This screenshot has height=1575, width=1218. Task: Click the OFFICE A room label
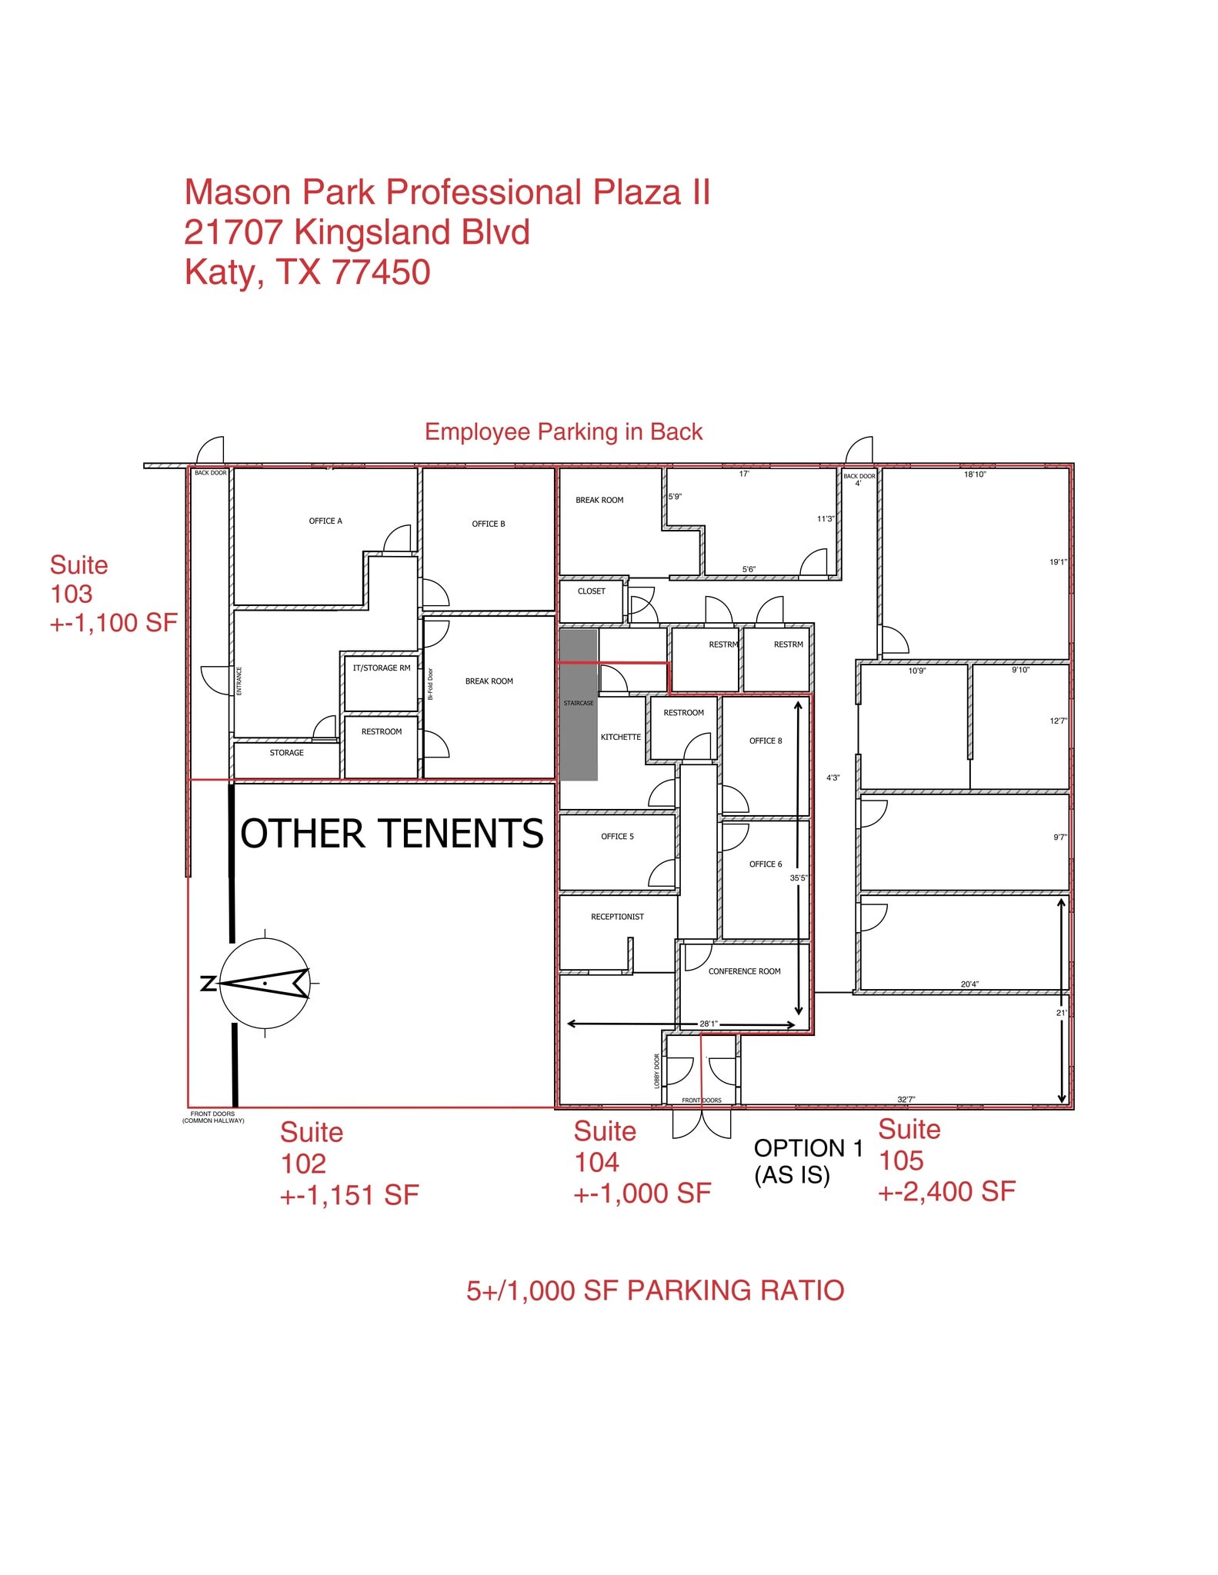tap(325, 521)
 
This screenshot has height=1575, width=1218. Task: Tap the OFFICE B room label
tap(489, 524)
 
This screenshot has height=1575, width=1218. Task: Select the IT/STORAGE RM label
tap(382, 668)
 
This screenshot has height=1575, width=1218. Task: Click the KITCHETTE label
tap(620, 738)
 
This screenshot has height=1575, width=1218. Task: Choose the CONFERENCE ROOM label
tap(744, 972)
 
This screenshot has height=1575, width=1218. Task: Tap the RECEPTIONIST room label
tap(617, 917)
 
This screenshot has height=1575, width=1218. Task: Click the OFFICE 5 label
tap(617, 837)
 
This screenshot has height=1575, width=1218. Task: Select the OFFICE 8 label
tap(766, 741)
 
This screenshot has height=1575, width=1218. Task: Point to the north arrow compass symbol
tap(264, 983)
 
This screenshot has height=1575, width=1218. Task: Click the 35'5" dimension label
tap(798, 878)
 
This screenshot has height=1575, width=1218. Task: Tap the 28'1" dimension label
tap(708, 1024)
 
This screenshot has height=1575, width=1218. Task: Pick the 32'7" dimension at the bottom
tap(906, 1100)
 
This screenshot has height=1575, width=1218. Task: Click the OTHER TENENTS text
tap(392, 834)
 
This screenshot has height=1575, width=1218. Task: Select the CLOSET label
tap(591, 591)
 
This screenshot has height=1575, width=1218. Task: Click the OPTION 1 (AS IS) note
tap(808, 1162)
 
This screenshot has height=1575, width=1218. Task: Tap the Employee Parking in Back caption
tap(563, 432)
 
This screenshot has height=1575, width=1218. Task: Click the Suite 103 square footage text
tap(114, 623)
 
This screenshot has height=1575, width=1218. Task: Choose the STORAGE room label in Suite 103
tap(286, 753)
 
